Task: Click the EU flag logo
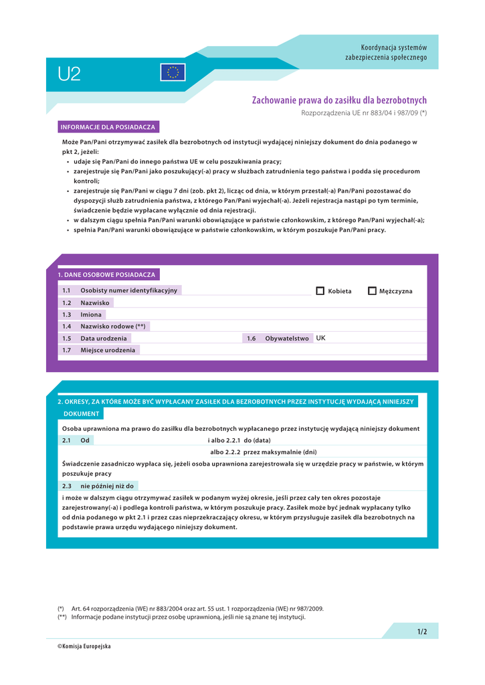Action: click(173, 72)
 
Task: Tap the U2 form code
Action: click(69, 74)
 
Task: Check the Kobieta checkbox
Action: click(320, 291)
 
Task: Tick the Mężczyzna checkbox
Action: click(373, 291)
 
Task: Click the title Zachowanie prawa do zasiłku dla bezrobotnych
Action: click(339, 100)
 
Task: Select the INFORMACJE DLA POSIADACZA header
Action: click(108, 127)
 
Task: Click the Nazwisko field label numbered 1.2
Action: click(95, 303)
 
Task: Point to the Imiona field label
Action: click(91, 314)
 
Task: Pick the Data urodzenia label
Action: click(104, 338)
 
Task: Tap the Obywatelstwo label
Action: click(287, 338)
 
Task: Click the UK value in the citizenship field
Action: click(321, 338)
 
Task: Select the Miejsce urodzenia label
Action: click(108, 350)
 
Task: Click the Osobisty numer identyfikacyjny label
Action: click(129, 290)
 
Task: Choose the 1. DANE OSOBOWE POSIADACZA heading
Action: click(106, 275)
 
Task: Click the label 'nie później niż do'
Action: click(107, 486)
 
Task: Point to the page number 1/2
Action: click(421, 631)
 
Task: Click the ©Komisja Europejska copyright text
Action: click(84, 646)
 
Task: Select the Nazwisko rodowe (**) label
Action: click(113, 326)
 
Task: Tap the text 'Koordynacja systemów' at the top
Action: click(393, 47)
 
